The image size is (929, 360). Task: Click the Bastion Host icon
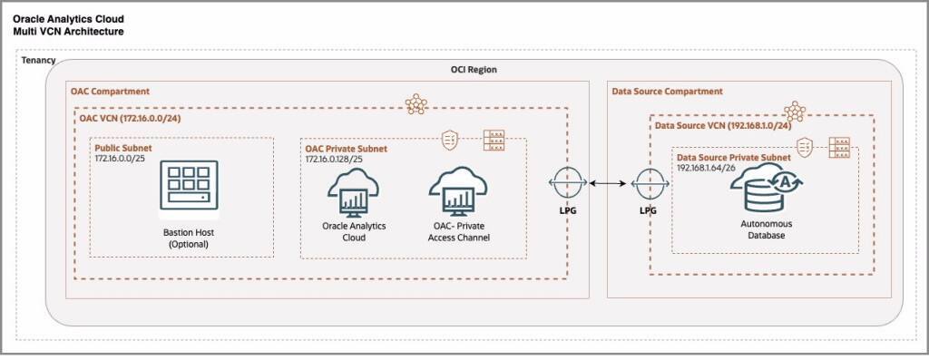189,188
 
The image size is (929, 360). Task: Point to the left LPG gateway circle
563,184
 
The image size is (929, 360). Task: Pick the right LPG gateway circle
648,184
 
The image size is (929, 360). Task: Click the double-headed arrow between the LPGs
606,184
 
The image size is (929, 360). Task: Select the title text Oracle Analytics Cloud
69,18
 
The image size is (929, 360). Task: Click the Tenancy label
38,61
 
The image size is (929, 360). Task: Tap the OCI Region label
474,70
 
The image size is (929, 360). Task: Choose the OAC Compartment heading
110,92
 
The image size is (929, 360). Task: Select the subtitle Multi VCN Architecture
68,31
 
